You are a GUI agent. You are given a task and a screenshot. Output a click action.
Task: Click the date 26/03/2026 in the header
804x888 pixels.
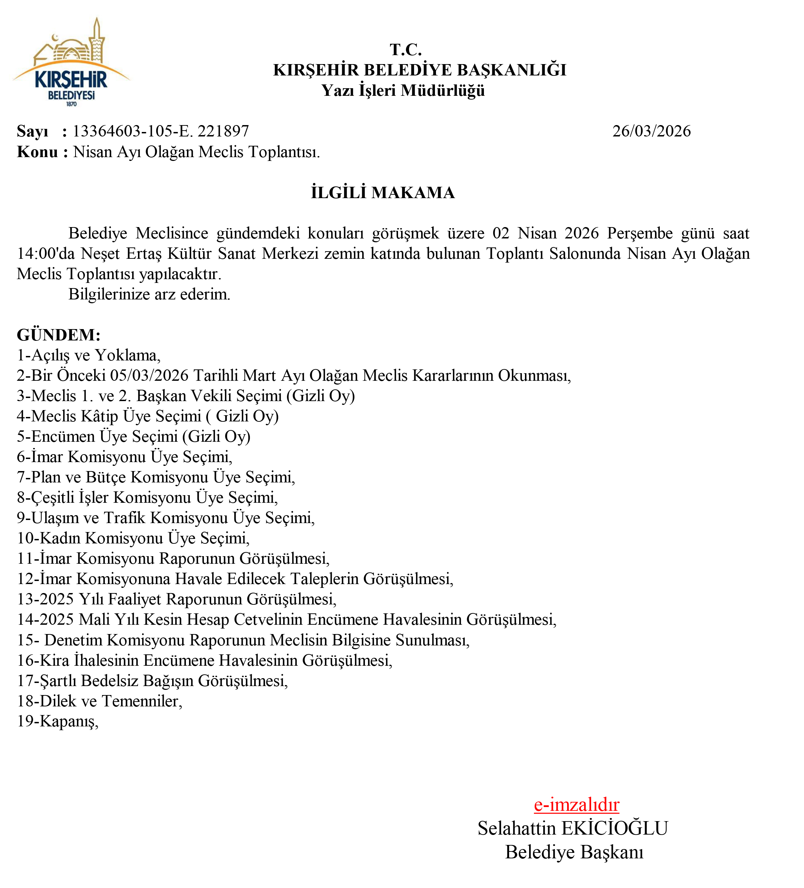tap(651, 131)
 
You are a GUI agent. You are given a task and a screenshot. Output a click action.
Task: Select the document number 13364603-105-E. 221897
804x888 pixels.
tap(161, 131)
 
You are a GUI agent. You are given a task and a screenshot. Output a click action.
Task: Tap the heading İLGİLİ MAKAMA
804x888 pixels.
tap(383, 193)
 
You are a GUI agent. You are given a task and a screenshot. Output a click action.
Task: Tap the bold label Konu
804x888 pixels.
tap(38, 152)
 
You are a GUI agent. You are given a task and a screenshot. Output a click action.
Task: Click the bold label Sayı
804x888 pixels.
tap(32, 131)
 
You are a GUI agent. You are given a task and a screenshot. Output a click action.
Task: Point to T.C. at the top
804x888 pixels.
tap(406, 50)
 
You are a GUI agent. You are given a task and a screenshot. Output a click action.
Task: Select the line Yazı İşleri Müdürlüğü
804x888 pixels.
tap(403, 90)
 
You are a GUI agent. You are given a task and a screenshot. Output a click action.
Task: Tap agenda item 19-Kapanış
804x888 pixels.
tap(57, 721)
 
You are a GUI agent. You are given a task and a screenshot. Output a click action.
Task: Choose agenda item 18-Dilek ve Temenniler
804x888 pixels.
tap(100, 701)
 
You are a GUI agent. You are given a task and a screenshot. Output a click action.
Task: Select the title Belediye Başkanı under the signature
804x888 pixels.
tap(574, 852)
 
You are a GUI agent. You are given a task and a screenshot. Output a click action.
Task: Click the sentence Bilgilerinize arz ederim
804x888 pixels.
tap(149, 294)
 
